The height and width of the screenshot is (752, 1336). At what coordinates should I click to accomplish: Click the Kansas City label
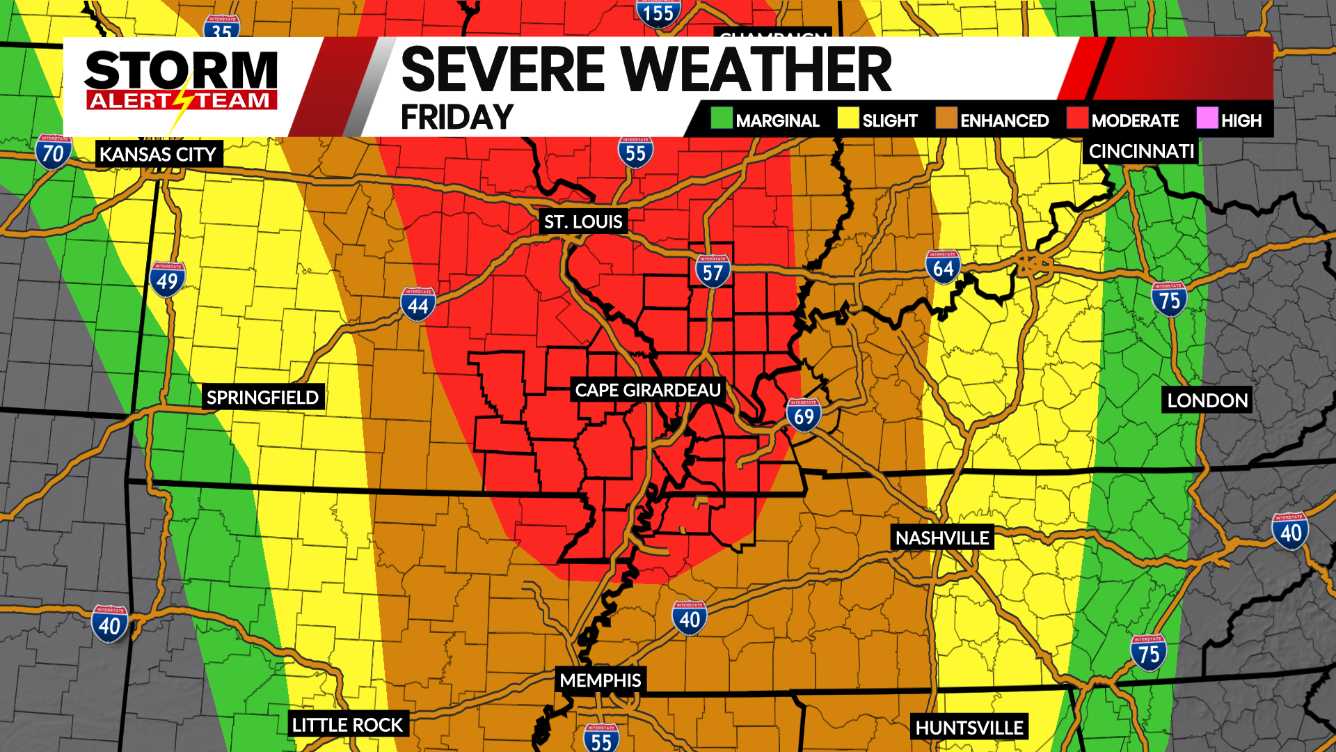(158, 154)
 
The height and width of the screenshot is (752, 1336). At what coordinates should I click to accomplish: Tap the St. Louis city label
(583, 221)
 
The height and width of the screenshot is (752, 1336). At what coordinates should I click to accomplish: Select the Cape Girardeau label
(647, 390)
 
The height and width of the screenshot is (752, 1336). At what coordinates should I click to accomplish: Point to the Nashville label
(941, 538)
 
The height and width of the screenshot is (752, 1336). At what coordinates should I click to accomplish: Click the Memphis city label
(601, 680)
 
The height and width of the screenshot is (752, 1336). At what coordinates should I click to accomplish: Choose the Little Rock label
(347, 725)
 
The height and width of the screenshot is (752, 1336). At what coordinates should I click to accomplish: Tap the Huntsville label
(969, 728)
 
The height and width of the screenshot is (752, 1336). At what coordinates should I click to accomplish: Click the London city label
(1207, 400)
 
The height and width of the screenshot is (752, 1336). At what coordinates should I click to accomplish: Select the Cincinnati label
(1140, 151)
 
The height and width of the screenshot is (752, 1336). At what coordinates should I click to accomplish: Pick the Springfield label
(262, 398)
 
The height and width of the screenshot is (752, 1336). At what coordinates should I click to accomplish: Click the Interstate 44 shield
(417, 304)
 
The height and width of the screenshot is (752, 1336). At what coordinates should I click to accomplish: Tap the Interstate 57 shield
(713, 272)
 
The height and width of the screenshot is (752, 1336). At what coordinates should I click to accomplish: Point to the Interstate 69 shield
(804, 416)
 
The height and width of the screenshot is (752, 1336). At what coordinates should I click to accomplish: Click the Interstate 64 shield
(943, 267)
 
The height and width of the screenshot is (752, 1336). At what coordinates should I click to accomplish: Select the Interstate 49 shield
(167, 280)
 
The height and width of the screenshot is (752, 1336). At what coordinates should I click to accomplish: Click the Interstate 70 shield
(54, 152)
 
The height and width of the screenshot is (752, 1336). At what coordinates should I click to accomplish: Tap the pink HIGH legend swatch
(1207, 118)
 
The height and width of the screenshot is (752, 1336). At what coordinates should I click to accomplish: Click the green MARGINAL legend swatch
(722, 118)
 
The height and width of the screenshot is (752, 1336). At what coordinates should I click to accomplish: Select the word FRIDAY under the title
(457, 117)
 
